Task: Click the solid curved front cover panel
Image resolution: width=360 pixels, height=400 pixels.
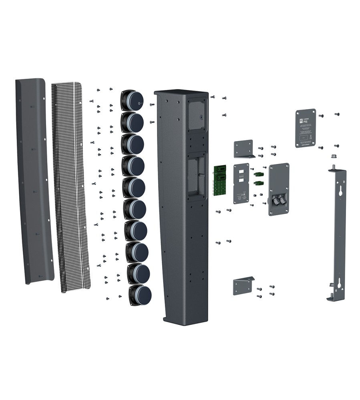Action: pos(36,180)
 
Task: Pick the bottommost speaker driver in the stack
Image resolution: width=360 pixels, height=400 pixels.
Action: pos(140,295)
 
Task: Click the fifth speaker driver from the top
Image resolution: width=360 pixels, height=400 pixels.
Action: pos(134,187)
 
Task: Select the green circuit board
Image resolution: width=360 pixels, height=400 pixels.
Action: pos(219,180)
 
